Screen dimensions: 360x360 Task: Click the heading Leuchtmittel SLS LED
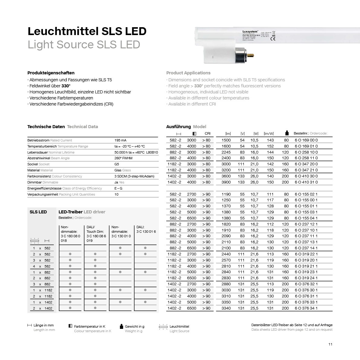pos(87,31)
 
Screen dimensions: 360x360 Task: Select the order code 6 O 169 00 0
pos(306,140)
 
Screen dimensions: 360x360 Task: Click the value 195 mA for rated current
pos(120,140)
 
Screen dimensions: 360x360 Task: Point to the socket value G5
pos(117,164)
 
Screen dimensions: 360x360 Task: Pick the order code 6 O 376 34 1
pos(306,308)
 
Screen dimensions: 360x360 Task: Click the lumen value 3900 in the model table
pos(226,182)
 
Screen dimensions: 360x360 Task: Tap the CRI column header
pos(207,133)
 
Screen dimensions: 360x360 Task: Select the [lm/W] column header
pos(268,133)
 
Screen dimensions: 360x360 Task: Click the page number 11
pos(330,344)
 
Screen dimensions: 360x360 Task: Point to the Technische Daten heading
pos(46,127)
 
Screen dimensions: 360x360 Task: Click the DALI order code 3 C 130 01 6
pos(146,232)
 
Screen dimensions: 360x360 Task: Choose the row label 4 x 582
pos(42,266)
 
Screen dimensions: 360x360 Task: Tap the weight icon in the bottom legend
pos(122,326)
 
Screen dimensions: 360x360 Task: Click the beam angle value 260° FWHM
pos(123,158)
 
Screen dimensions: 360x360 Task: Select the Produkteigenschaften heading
pos(51,73)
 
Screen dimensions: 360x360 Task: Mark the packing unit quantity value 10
pos(116,194)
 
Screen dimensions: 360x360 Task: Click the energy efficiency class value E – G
pos(118,188)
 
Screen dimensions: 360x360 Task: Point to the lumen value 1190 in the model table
pos(226,194)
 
